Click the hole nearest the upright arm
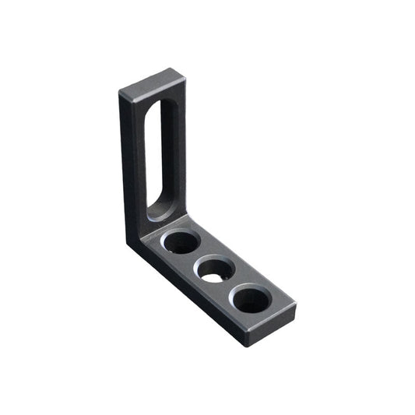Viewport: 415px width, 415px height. pyautogui.click(x=181, y=241)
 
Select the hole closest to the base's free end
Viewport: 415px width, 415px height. pyautogui.click(x=251, y=299)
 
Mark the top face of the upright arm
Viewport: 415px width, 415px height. pyautogui.click(x=153, y=82)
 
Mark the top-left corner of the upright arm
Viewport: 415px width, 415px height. pyautogui.click(x=121, y=93)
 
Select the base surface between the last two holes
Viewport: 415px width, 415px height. pyautogui.click(x=234, y=285)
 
